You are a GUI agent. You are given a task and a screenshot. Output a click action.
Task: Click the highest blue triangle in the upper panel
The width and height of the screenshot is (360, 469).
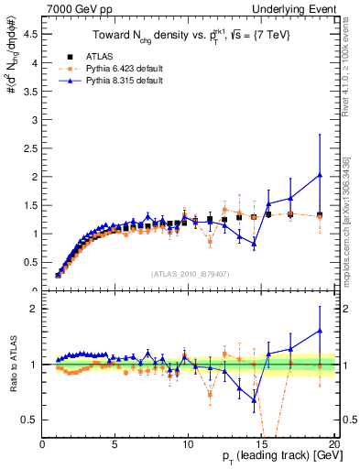[x=320, y=175]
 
